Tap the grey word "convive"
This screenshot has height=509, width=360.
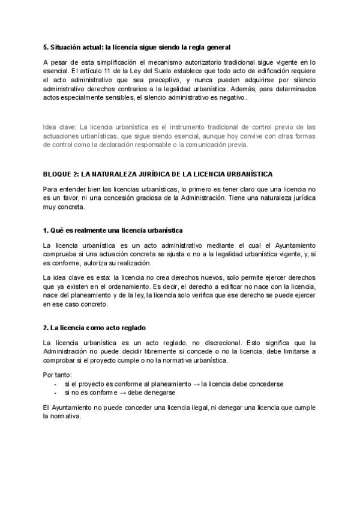[249, 136]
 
